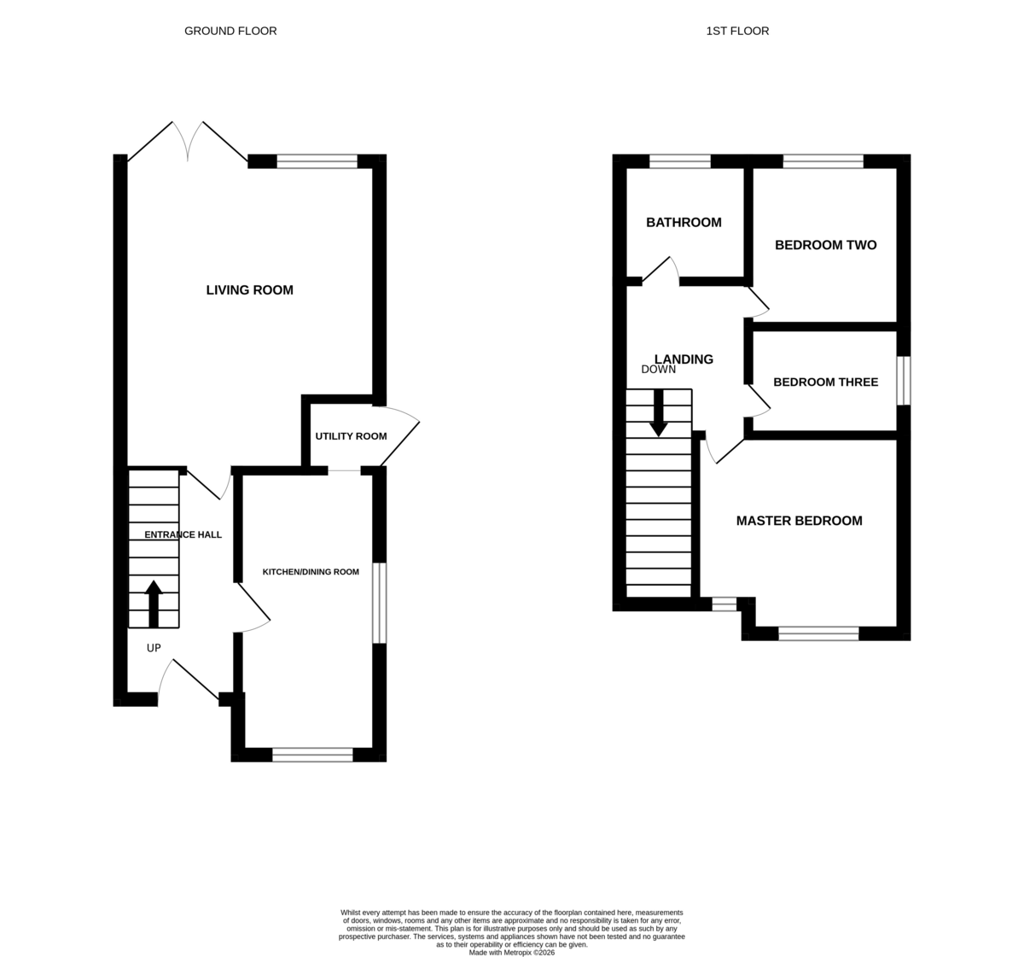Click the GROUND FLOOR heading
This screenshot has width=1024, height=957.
point(230,31)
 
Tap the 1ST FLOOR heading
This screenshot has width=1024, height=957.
point(737,31)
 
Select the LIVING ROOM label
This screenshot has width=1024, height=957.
point(249,290)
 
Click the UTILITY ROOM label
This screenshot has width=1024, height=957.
point(351,436)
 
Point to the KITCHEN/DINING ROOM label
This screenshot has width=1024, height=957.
point(311,572)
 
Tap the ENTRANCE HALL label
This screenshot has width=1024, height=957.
point(183,534)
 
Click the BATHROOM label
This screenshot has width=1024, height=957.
point(684,222)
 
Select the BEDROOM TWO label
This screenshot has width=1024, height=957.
point(825,245)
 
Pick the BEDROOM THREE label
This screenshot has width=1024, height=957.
point(825,382)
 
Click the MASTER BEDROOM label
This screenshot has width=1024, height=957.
point(800,521)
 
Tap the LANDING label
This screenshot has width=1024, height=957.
point(684,359)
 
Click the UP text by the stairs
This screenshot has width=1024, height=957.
point(154,648)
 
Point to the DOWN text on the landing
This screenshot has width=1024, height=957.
point(659,370)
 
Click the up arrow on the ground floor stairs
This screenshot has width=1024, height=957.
point(153,604)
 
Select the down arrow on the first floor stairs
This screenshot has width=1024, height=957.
point(659,413)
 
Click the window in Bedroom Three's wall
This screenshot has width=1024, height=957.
point(904,381)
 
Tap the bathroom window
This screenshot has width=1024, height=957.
point(679,161)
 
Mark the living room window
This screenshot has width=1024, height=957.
point(317,161)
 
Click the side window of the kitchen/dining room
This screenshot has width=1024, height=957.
point(380,603)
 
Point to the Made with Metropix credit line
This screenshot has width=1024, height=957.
point(511,953)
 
